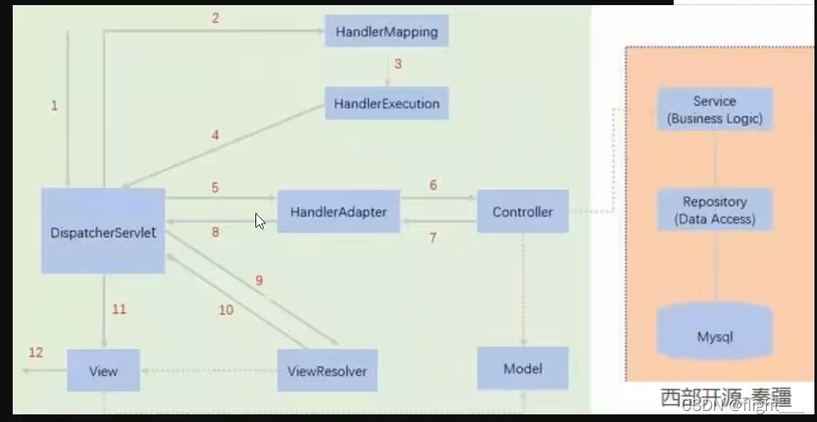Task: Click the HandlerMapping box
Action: coord(387,32)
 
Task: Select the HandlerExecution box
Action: coord(387,104)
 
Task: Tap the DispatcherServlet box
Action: coord(103,231)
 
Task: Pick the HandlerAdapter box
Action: coord(339,211)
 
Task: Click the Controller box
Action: coord(523,211)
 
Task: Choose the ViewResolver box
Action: coord(327,371)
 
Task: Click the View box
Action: coord(104,371)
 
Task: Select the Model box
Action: coord(523,369)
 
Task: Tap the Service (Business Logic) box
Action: coord(714,110)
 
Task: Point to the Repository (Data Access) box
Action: coord(714,210)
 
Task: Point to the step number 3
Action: coord(397,64)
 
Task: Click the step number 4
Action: coord(215,134)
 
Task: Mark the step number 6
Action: coord(433,185)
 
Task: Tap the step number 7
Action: coord(433,238)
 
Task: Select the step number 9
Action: coord(259,280)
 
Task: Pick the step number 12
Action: coord(36,352)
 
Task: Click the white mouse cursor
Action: coord(260,221)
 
